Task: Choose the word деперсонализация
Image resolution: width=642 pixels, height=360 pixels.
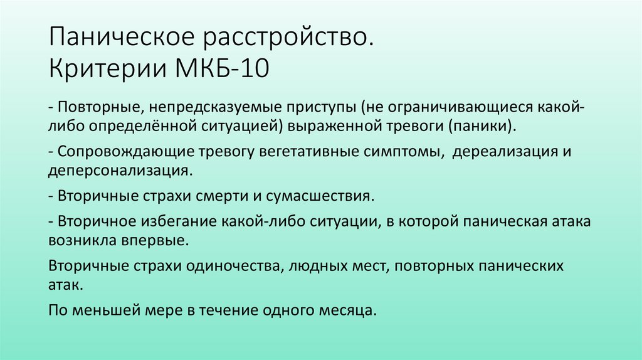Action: coord(118,171)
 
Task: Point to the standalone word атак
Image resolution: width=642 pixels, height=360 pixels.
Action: coord(63,284)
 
